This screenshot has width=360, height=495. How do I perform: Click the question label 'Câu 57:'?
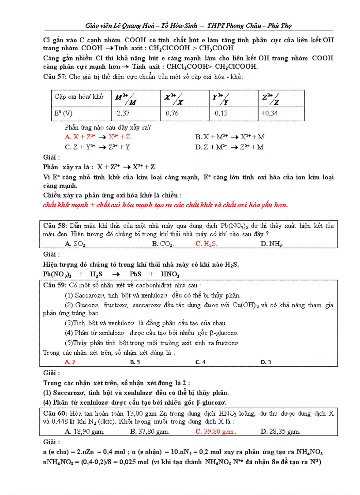(x=55, y=77)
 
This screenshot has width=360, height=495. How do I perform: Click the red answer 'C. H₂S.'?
(x=206, y=244)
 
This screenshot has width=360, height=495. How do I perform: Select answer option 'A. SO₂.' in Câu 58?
(x=75, y=244)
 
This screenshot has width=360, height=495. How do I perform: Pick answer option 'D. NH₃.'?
(x=272, y=244)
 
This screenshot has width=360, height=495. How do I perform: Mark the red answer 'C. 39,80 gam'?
(x=216, y=432)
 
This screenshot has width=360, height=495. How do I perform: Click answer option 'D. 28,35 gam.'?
(x=280, y=432)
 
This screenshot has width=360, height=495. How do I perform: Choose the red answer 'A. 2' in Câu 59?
(x=70, y=362)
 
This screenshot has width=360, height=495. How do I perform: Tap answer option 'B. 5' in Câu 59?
(x=135, y=362)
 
